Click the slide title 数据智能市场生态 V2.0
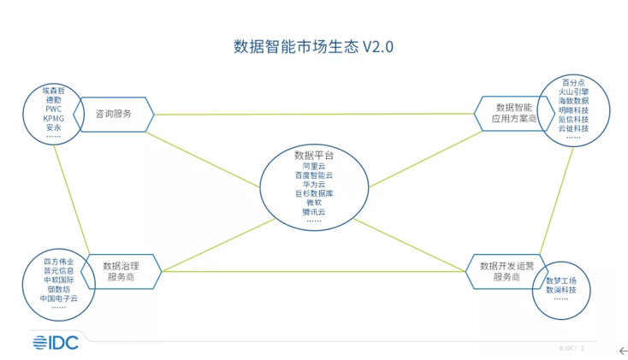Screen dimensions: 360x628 tap(313, 47)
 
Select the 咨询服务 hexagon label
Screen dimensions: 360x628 tap(114, 114)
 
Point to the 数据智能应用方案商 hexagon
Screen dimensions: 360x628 tap(513, 114)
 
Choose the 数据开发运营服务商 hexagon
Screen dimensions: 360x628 tap(507, 271)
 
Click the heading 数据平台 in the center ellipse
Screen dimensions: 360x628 tap(314, 156)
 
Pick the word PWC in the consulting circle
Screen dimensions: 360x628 tap(54, 109)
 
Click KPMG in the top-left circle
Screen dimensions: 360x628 tap(54, 119)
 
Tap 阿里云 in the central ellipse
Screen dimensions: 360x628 tap(314, 166)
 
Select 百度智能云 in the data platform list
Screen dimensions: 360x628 tap(314, 175)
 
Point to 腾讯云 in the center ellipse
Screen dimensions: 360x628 tap(314, 212)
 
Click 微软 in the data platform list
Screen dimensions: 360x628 tap(314, 203)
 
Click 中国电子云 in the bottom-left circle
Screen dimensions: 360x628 tap(59, 298)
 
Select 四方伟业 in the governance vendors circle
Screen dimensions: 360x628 tap(59, 261)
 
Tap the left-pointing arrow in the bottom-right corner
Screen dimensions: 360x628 tap(623, 351)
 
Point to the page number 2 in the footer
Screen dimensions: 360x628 tap(583, 349)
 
